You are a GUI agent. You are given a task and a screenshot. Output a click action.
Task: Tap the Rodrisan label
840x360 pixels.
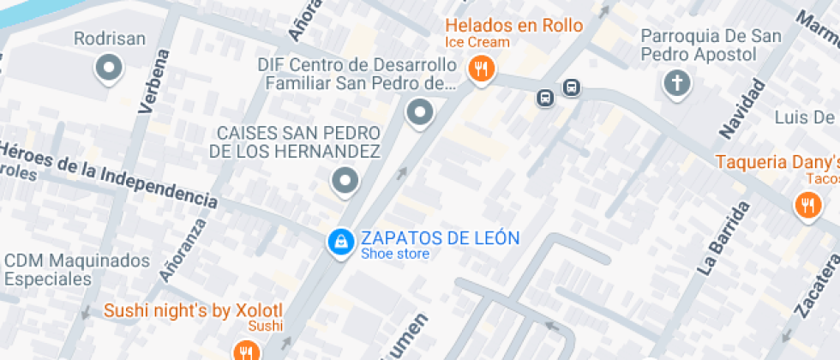[110, 39]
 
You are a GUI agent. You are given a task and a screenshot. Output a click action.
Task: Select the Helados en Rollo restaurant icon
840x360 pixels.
[481, 69]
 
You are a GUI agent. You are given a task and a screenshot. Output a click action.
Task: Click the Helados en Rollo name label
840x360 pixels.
[513, 25]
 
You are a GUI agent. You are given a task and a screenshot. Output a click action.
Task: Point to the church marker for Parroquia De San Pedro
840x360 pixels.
[677, 83]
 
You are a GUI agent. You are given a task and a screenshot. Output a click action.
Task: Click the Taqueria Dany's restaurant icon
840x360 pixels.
[807, 205]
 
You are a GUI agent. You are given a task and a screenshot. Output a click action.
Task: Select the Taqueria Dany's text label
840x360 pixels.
[777, 161]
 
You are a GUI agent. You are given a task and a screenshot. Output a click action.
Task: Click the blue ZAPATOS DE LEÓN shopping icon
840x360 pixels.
[340, 242]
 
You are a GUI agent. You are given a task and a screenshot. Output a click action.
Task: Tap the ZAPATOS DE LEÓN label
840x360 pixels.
[440, 237]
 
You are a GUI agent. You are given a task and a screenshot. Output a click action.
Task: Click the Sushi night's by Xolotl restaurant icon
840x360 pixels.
[246, 350]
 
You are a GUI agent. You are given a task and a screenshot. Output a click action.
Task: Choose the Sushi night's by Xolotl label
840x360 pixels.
[193, 310]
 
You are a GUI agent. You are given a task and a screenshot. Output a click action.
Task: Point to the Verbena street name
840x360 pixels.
[153, 81]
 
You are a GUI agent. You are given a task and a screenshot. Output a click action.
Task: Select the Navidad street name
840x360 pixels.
[742, 108]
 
